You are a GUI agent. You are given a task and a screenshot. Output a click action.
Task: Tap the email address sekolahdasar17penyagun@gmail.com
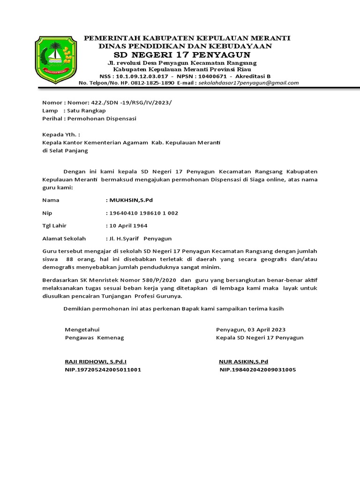(248, 83)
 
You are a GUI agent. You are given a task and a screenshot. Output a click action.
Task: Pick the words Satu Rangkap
(87, 111)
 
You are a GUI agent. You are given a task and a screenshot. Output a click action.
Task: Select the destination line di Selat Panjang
(65, 150)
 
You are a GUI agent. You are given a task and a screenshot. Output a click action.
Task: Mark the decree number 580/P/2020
(158, 280)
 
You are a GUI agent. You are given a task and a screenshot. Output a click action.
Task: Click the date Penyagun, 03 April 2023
(250, 330)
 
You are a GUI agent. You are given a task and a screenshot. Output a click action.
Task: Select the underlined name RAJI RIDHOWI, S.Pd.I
(96, 361)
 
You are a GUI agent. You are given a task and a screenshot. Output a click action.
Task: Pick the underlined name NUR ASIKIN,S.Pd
(243, 361)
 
